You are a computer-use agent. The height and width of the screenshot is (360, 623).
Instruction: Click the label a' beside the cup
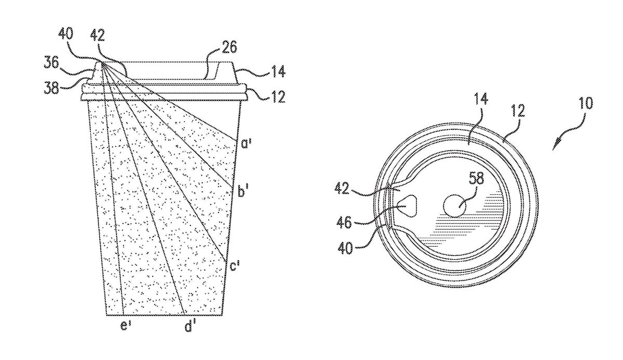pos(246,143)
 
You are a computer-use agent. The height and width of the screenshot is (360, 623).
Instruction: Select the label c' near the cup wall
pos(235,265)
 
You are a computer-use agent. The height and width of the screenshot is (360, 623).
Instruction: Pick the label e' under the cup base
pos(126,326)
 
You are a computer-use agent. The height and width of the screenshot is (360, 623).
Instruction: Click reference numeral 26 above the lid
pos(229,47)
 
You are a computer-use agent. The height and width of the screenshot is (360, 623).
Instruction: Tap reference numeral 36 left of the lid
pos(51,63)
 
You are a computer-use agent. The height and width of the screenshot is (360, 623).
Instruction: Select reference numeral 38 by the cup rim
pos(52,88)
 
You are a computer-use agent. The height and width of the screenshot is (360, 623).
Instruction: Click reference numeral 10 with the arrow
pos(586,103)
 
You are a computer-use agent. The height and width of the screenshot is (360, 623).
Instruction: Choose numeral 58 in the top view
pos(476,178)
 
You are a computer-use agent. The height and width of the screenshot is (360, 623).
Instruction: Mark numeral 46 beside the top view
pos(344,222)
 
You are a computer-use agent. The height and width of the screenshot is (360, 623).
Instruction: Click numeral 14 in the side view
pos(278,71)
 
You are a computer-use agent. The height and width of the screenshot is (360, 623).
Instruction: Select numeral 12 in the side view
pos(278,97)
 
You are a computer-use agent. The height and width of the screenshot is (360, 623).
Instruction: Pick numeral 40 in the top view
pos(345,248)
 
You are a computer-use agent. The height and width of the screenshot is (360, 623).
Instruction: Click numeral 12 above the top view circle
pos(517,111)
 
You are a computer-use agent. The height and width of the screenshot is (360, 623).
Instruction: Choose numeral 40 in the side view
pos(66,34)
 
